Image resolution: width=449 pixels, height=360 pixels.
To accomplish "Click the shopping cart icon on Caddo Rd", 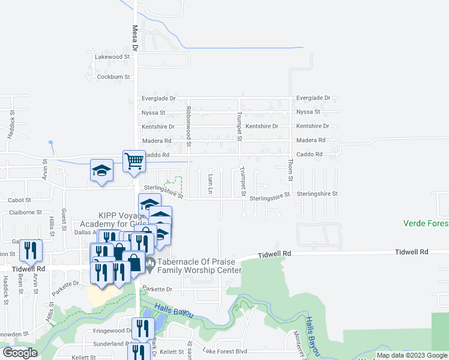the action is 134,160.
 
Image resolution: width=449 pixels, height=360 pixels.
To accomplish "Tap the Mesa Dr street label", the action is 135,37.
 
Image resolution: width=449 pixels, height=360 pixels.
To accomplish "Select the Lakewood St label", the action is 112,57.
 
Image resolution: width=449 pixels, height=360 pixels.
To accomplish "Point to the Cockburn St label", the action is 113,77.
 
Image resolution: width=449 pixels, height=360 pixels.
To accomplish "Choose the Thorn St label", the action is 290,170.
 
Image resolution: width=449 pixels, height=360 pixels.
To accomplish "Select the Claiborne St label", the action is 26,212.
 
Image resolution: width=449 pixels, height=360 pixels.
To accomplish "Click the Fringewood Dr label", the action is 112,331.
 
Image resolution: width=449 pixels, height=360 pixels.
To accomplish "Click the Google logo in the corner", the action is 20,353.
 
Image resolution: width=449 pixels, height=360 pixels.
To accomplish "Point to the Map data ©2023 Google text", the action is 411,355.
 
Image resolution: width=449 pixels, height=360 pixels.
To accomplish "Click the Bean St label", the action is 20,284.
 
